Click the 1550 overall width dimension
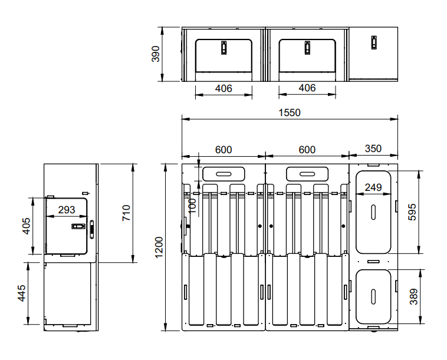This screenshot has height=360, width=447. (x=290, y=113)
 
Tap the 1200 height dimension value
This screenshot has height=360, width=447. (x=159, y=247)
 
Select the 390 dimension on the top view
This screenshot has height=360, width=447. (x=156, y=54)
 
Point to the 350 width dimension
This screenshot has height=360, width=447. (x=373, y=148)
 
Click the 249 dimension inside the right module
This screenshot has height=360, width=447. (x=373, y=187)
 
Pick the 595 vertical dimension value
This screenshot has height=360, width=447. (x=412, y=212)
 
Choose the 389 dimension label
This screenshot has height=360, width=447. (x=413, y=296)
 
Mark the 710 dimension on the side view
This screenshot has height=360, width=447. (x=126, y=213)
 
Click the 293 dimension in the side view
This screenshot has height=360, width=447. (x=67, y=210)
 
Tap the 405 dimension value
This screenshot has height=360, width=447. (x=26, y=226)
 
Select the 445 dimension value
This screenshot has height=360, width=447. (x=22, y=293)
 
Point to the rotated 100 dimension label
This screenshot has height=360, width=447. (x=193, y=206)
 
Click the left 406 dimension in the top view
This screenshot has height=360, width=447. (x=224, y=88)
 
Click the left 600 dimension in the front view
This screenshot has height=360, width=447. (x=224, y=150)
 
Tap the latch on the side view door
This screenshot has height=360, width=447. (x=78, y=226)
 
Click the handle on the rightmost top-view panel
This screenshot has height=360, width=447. (x=374, y=42)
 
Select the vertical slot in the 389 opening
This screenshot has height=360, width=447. (x=373, y=297)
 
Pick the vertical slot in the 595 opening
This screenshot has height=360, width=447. (x=373, y=212)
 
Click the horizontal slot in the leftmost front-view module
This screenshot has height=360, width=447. (x=224, y=174)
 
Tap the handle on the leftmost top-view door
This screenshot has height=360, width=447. (x=224, y=48)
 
